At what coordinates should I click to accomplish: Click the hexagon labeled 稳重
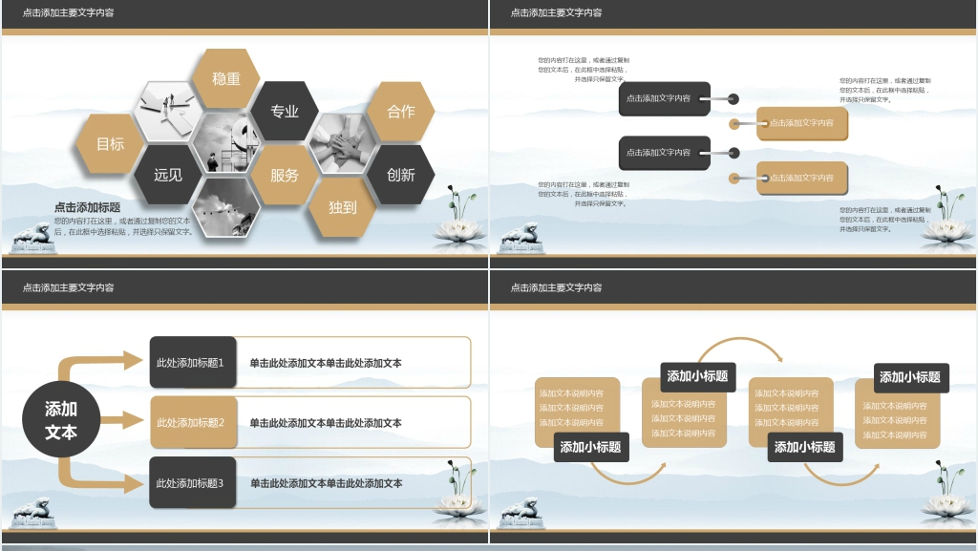tap(226, 78)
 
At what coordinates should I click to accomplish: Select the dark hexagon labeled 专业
tap(285, 111)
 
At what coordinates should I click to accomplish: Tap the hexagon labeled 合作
tap(401, 111)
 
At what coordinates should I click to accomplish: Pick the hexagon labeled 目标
tap(110, 144)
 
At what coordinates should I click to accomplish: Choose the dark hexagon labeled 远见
tap(168, 175)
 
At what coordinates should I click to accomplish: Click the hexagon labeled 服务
tap(285, 175)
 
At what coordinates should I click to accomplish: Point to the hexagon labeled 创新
tap(401, 175)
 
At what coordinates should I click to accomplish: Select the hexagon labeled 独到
tap(343, 206)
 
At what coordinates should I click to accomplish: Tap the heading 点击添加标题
tap(88, 207)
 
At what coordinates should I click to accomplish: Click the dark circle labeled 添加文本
tap(61, 420)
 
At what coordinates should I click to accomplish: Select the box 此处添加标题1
tap(191, 363)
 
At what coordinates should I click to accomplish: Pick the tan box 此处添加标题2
tap(191, 423)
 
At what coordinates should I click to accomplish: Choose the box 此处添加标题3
tap(191, 483)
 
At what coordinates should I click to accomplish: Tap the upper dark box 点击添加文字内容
tap(664, 98)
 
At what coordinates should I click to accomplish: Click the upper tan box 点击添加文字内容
tap(801, 123)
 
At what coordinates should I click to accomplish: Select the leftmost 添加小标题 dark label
tap(591, 446)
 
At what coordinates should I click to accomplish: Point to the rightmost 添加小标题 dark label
tap(910, 377)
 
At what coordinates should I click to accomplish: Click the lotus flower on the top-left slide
tap(460, 227)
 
